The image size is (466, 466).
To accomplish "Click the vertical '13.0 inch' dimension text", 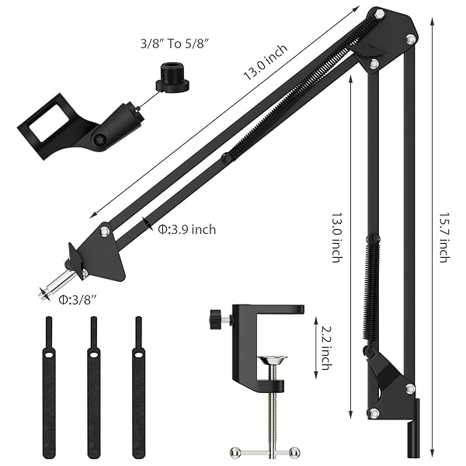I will tap(336, 232).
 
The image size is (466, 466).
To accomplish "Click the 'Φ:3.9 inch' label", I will tap(186, 229).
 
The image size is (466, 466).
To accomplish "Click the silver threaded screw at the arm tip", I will tap(57, 284).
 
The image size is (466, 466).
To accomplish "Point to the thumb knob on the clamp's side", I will tap(217, 318).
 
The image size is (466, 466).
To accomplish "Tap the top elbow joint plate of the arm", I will tap(384, 35).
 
